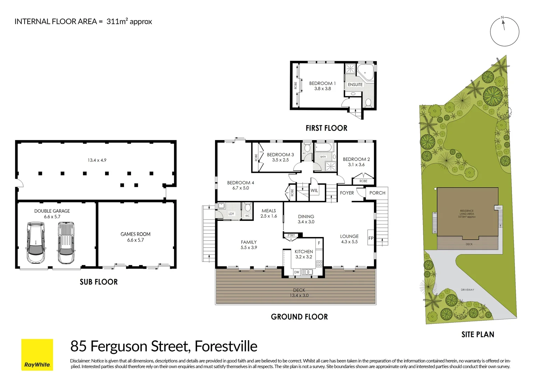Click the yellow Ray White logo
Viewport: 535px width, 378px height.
[37, 354]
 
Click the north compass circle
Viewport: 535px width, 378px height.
[504, 31]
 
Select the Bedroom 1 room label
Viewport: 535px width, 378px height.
[322, 83]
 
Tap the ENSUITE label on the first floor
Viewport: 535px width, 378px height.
[355, 85]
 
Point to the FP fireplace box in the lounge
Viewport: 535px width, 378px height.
[371, 238]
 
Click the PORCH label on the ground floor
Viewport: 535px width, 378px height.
[377, 193]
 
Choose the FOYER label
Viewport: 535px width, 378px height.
[347, 193]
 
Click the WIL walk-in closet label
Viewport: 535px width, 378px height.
[314, 190]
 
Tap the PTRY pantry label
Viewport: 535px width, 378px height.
[291, 236]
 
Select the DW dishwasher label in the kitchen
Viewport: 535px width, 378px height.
[297, 272]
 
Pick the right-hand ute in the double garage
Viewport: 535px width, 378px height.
[66, 243]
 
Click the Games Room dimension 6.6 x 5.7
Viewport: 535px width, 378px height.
[136, 240]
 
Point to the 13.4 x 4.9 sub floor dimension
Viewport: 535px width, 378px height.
[97, 160]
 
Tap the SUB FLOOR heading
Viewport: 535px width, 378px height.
[99, 282]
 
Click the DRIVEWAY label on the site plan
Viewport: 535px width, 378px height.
[467, 290]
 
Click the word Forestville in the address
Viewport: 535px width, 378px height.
[226, 346]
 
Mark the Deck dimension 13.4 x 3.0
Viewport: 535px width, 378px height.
[299, 295]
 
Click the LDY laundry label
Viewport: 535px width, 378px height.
[231, 214]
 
